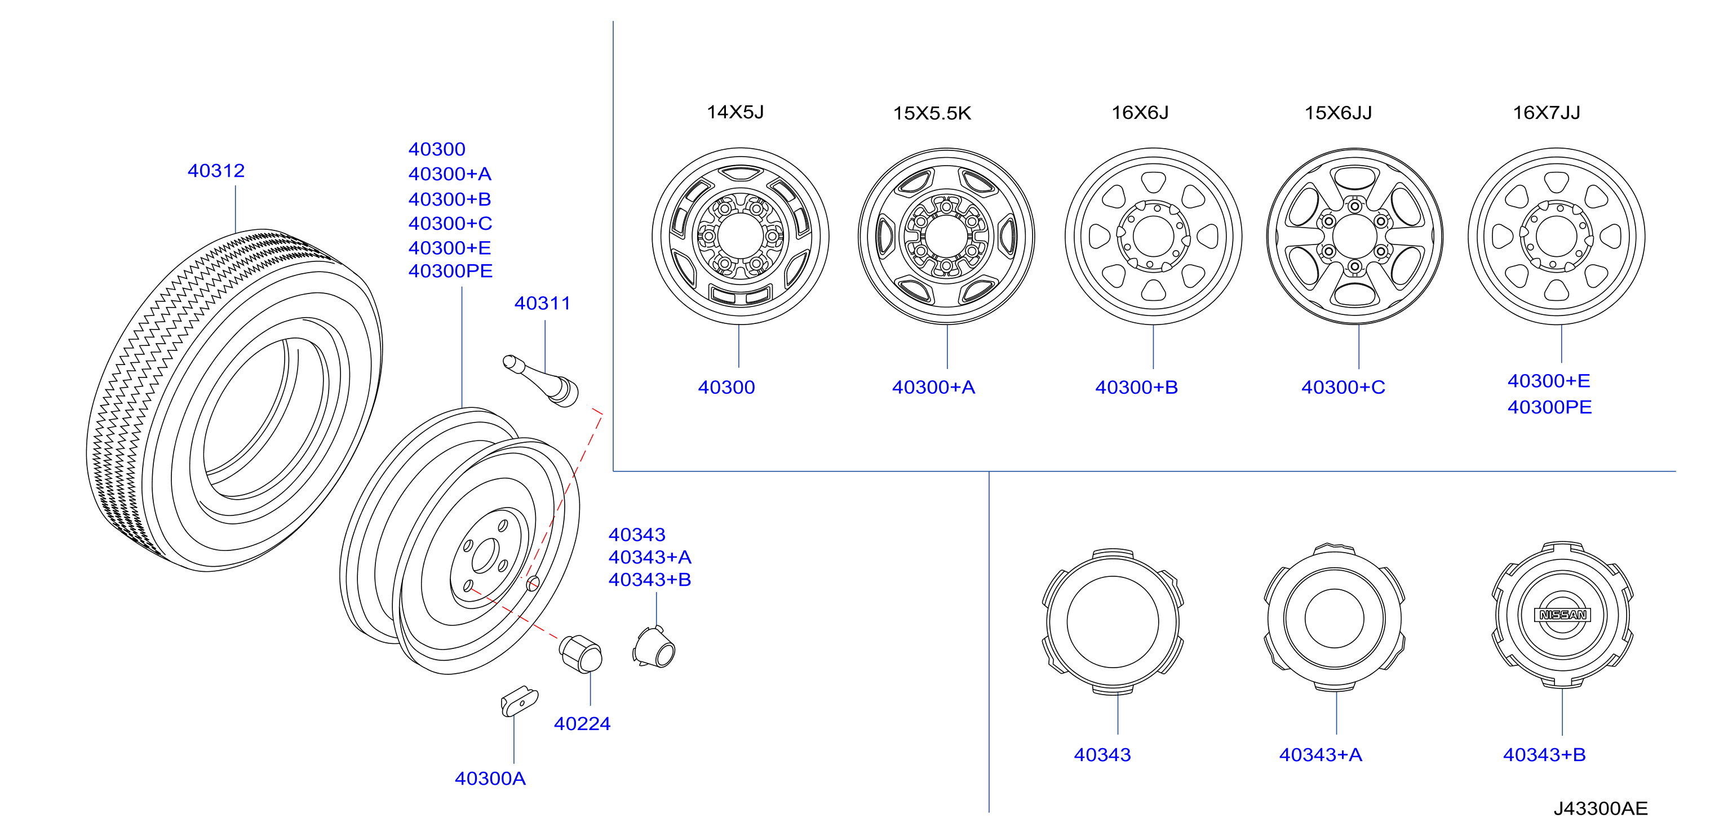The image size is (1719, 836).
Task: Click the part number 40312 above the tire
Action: click(216, 171)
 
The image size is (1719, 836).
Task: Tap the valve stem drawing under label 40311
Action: click(541, 380)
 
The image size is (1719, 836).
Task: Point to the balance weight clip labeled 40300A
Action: click(519, 701)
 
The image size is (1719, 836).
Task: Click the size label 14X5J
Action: click(735, 112)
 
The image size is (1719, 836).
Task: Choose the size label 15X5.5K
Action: click(932, 113)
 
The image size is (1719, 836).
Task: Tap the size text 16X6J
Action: click(1140, 113)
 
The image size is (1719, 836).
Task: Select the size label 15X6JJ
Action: click(1338, 113)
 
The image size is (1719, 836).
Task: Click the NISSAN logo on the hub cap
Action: click(1562, 615)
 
